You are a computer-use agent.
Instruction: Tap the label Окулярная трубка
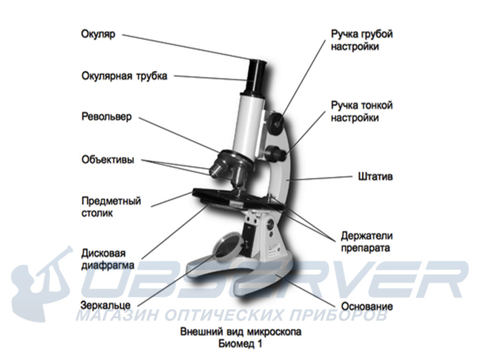pos(124,76)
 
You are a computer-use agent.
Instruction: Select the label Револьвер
pos(107,117)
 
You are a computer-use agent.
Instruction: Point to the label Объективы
pos(107,160)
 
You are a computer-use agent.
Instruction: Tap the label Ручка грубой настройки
pos(361,41)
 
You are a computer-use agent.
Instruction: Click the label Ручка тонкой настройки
pos(361,112)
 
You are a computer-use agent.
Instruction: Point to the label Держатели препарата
pos(367,241)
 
